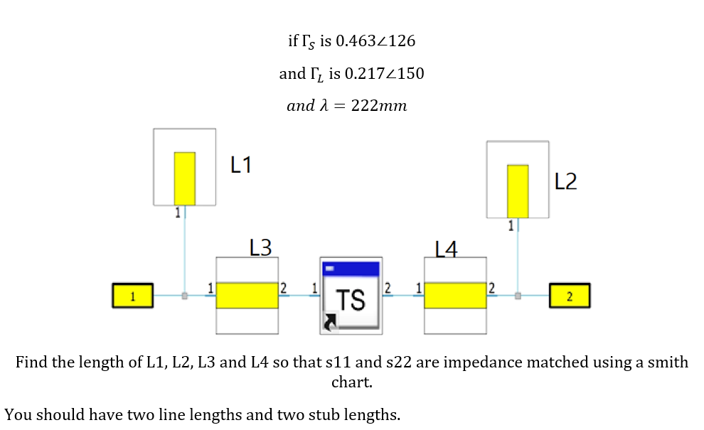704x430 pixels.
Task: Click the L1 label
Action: (241, 166)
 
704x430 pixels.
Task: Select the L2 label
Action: (565, 182)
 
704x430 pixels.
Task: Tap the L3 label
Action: (261, 247)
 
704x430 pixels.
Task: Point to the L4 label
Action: (446, 249)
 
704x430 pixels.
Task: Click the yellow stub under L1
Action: (185, 178)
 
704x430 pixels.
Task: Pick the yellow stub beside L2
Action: (518, 190)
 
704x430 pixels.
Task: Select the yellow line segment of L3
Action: (247, 295)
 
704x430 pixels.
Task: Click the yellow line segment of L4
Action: (455, 295)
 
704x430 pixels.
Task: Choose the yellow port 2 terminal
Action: (569, 295)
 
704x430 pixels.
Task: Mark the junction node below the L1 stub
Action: (185, 295)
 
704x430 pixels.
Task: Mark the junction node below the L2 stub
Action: (518, 295)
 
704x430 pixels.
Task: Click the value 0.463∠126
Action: (375, 41)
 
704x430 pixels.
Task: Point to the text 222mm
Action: (379, 106)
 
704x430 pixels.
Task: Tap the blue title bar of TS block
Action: (351, 269)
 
